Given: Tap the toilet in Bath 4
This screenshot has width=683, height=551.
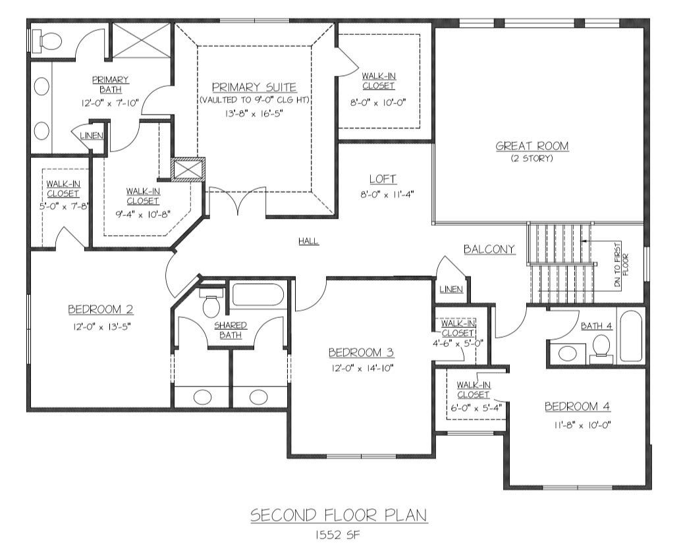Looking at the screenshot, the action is point(601,348).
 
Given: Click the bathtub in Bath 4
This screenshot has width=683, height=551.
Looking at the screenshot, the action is point(631,336).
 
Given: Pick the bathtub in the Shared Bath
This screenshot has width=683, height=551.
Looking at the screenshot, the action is point(258,295).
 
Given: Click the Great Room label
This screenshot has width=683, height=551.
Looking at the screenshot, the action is point(532,146).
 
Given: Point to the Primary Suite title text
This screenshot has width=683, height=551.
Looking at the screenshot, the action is point(254,88).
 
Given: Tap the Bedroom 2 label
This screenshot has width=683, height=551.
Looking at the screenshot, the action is point(101,309).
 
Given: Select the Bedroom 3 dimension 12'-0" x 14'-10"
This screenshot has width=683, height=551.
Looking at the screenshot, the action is point(362,368).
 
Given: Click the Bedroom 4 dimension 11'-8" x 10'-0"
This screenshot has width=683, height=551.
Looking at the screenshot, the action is point(582,425).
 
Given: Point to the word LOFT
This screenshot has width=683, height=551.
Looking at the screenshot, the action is point(383,179).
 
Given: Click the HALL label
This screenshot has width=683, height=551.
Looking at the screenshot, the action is point(308,241).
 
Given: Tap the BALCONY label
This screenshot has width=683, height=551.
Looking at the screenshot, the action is point(489,249).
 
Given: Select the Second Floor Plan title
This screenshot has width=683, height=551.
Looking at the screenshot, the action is point(339,515).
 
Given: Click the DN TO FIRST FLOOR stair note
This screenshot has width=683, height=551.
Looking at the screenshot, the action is point(622,265).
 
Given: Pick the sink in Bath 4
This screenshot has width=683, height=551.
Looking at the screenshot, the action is point(566,353).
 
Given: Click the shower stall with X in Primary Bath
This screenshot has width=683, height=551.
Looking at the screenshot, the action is point(141,40).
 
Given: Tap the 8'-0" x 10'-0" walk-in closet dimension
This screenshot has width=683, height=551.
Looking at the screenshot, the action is point(378,103).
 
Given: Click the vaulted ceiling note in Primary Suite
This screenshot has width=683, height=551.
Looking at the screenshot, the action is point(254,100).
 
